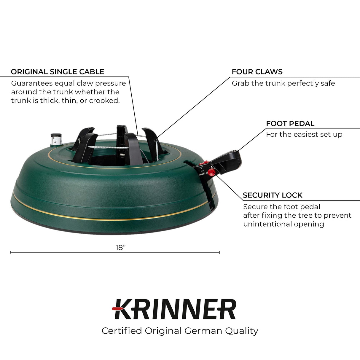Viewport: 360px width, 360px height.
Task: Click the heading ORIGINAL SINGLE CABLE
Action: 58,72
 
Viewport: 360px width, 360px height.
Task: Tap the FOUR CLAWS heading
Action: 257,72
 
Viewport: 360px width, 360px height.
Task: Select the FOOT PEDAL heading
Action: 290,124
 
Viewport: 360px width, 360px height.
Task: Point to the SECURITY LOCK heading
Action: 273,195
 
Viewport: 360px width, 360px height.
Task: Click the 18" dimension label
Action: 121,248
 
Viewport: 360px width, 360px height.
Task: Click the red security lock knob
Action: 211,172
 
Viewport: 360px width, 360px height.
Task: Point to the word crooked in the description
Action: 104,101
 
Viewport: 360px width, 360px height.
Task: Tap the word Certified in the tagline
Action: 122,331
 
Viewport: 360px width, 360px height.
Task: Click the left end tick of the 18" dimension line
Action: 11,252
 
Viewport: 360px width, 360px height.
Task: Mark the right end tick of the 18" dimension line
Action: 219,252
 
